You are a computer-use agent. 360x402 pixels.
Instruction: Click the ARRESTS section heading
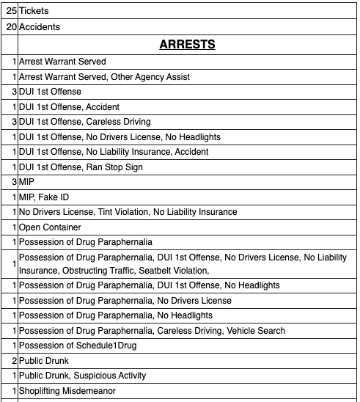click(x=187, y=45)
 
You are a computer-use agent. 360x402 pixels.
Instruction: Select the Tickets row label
click(x=34, y=12)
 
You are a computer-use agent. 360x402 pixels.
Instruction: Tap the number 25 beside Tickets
click(x=10, y=12)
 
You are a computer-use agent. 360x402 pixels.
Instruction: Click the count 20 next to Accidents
click(x=10, y=27)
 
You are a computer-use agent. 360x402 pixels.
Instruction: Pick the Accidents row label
click(x=40, y=27)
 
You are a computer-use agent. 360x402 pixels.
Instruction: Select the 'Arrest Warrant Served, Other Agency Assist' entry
click(x=104, y=77)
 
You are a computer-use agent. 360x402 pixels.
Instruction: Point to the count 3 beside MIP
click(x=14, y=182)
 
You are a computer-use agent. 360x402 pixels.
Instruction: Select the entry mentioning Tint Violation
click(x=128, y=212)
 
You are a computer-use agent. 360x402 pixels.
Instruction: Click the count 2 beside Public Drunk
click(x=14, y=360)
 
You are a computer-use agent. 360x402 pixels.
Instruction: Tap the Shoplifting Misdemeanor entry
click(x=67, y=390)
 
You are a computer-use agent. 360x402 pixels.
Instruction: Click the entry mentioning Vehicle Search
click(x=152, y=331)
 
